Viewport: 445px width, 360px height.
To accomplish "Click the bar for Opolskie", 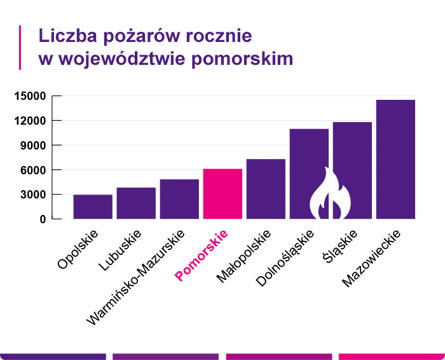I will pyautogui.click(x=93, y=207).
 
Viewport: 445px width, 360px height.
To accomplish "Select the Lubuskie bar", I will pyautogui.click(x=136, y=203).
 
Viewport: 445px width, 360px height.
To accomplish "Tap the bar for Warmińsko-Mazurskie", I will pyautogui.click(x=179, y=199).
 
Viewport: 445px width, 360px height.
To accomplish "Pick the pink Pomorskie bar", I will pyautogui.click(x=222, y=193).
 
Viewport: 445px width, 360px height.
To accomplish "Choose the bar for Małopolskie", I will pyautogui.click(x=266, y=189).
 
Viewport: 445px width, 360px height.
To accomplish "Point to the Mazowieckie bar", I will pyautogui.click(x=395, y=159).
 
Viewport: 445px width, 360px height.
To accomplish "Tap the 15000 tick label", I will pyautogui.click(x=30, y=97).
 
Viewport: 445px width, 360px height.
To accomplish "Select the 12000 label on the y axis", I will pyautogui.click(x=30, y=121).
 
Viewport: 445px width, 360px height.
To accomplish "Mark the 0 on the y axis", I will pyautogui.click(x=43, y=219).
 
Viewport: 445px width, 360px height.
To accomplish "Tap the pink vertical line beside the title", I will pyautogui.click(x=20, y=47).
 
